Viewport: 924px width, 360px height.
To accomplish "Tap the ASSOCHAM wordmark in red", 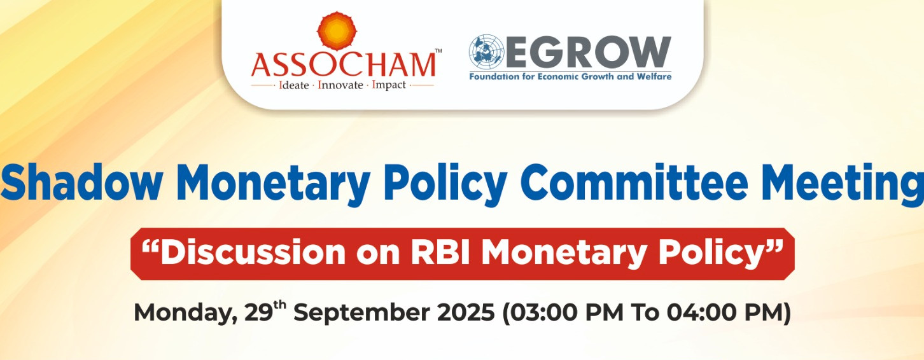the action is coord(344,64).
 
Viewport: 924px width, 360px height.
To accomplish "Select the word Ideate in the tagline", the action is coord(294,85).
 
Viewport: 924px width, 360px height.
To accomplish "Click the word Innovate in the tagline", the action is coord(340,85).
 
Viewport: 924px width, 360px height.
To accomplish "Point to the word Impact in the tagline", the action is coord(389,86).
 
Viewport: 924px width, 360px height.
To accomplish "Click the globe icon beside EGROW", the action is coord(487,52).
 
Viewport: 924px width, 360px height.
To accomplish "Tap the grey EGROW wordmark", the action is coord(588,52).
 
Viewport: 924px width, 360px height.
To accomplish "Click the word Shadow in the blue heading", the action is coord(81,183).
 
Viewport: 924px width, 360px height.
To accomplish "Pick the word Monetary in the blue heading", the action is coord(274,184).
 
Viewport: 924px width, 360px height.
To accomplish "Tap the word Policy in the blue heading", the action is coord(446,184).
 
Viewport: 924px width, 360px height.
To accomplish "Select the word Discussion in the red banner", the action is coord(243,253).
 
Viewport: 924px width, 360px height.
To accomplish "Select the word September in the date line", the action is coord(361,313).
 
